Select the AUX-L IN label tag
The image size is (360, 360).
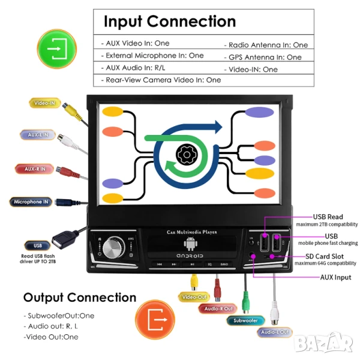(38, 135)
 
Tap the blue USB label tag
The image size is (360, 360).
(38, 245)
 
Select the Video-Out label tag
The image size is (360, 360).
(194, 297)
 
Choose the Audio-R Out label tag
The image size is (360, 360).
(218, 308)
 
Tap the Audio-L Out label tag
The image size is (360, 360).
(275, 332)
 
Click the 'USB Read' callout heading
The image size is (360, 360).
(328, 217)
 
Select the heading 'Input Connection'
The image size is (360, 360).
(170, 21)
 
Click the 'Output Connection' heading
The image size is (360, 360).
(80, 297)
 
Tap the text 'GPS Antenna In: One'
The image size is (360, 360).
(265, 57)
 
